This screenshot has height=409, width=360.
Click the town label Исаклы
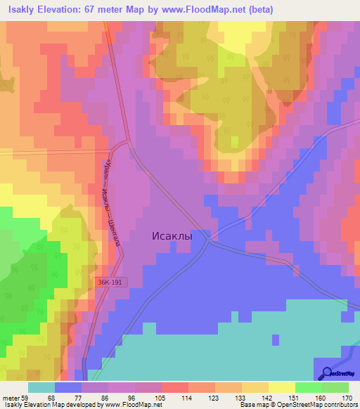[x=172, y=237]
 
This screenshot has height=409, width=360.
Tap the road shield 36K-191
[x=113, y=281]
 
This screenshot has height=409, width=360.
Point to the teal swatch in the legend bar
[x=41, y=387]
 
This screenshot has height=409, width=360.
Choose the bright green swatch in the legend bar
[x=308, y=387]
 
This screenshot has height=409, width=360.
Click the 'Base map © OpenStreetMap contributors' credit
[x=298, y=405]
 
